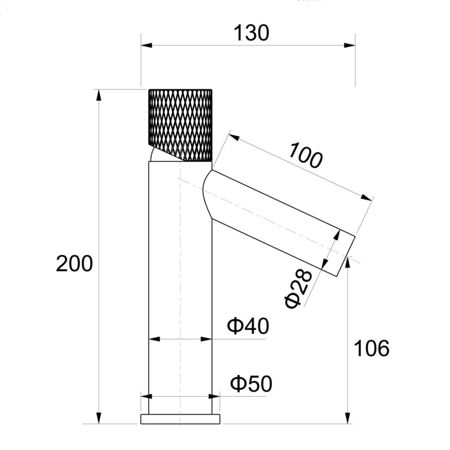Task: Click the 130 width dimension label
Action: pyautogui.click(x=251, y=33)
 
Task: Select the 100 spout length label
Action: pyautogui.click(x=306, y=155)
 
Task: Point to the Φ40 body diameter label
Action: pyautogui.click(x=248, y=326)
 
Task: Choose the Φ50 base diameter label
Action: pyautogui.click(x=251, y=384)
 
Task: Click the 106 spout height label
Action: pyautogui.click(x=371, y=348)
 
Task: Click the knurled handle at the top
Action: pyautogui.click(x=180, y=125)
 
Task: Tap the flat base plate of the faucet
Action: pyautogui.click(x=180, y=419)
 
